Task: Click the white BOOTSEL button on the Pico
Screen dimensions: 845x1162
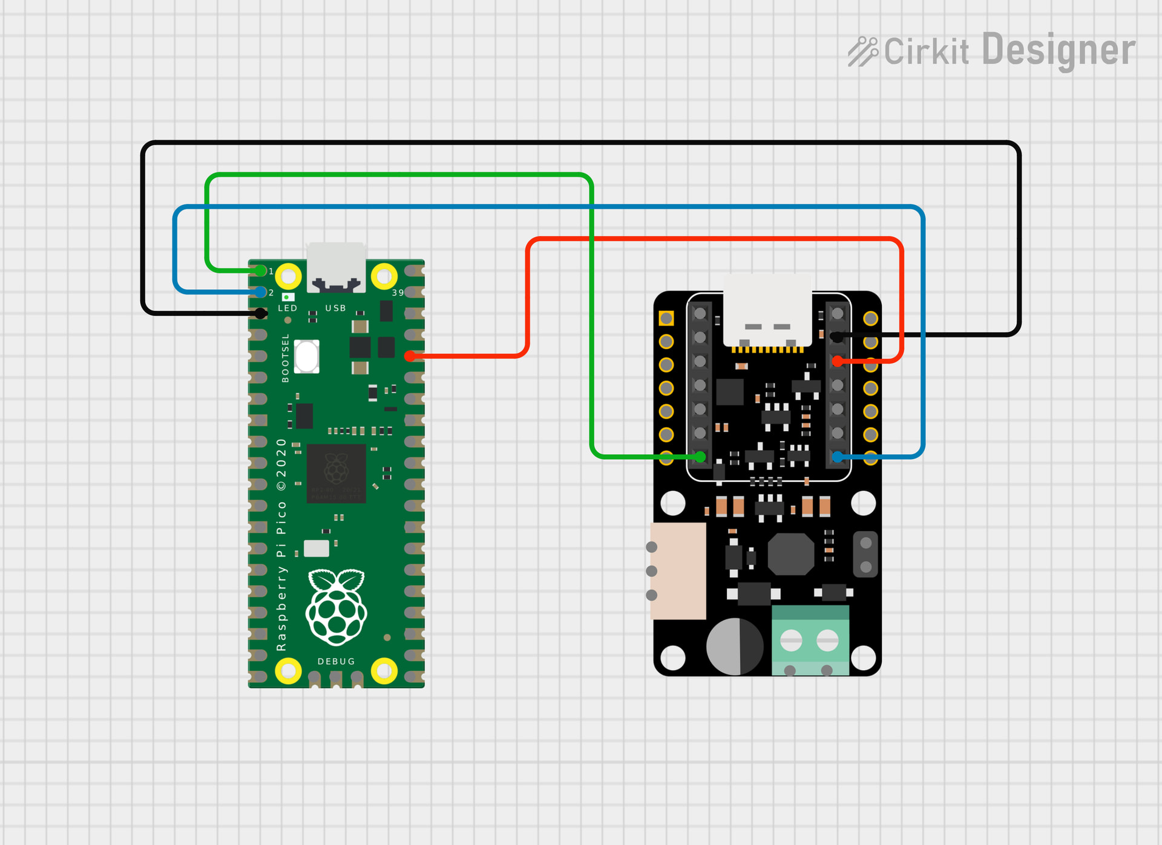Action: pyautogui.click(x=306, y=356)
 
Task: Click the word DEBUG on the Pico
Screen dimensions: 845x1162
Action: pyautogui.click(x=336, y=661)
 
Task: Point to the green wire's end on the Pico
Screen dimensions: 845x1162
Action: pyautogui.click(x=260, y=270)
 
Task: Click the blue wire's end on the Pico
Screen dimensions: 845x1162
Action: pyautogui.click(x=260, y=292)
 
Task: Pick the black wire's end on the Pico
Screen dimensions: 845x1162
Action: pyautogui.click(x=260, y=313)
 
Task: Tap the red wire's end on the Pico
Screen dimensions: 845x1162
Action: pyautogui.click(x=410, y=356)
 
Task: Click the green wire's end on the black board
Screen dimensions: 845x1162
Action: pyautogui.click(x=700, y=457)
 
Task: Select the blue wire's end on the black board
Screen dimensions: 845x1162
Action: pyautogui.click(x=838, y=457)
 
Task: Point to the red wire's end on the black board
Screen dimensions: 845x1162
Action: pyautogui.click(x=838, y=361)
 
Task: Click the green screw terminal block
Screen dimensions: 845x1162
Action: pyautogui.click(x=810, y=640)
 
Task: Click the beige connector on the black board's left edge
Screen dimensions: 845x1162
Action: pyautogui.click(x=678, y=571)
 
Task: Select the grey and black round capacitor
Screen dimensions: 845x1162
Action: pyautogui.click(x=735, y=646)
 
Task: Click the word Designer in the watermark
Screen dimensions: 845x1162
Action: pyautogui.click(x=1059, y=51)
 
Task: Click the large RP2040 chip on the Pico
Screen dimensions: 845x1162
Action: pyautogui.click(x=336, y=473)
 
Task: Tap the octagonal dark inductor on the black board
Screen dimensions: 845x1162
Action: pyautogui.click(x=790, y=554)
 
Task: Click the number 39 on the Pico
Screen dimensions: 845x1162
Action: pyautogui.click(x=398, y=293)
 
